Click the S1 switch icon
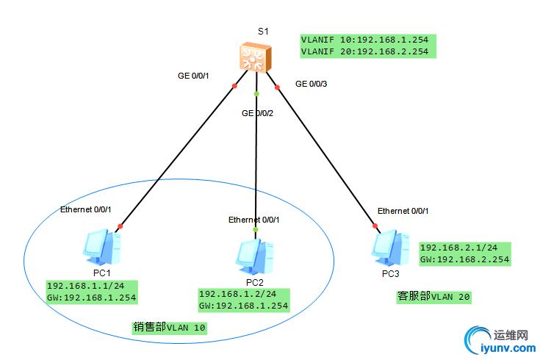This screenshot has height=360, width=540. [256, 58]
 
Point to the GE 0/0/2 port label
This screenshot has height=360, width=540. [258, 113]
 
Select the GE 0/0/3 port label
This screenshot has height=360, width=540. [311, 84]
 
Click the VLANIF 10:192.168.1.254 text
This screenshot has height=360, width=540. [364, 40]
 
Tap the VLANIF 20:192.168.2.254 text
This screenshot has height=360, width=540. [364, 51]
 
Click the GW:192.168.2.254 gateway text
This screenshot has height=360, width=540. [464, 259]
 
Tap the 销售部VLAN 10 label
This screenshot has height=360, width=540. [169, 328]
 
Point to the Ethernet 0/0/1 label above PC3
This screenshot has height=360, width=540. [403, 211]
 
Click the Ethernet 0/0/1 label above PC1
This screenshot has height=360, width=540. [85, 209]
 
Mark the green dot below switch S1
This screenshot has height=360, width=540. [256, 95]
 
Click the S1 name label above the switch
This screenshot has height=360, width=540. [263, 32]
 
